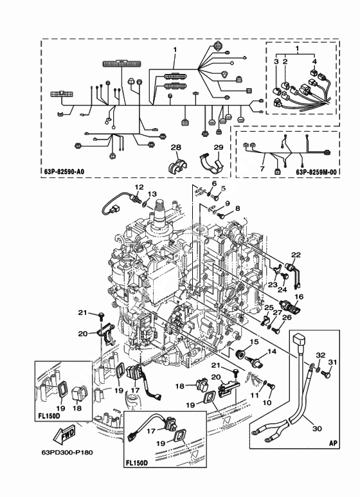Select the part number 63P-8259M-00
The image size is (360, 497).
pyautogui.click(x=316, y=172)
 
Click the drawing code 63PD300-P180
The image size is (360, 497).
pyautogui.click(x=67, y=452)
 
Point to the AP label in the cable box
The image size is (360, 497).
pyautogui.click(x=333, y=443)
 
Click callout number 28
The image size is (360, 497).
pyautogui.click(x=176, y=147)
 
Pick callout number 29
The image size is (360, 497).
pyautogui.click(x=219, y=147)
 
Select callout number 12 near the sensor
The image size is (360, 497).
pyautogui.click(x=139, y=187)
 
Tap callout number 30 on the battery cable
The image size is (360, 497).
pyautogui.click(x=317, y=429)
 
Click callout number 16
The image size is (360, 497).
pyautogui.click(x=299, y=296)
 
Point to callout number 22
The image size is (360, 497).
pyautogui.click(x=296, y=255)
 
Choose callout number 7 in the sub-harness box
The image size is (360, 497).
pyautogui.click(x=262, y=169)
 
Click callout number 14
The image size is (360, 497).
pyautogui.click(x=272, y=352)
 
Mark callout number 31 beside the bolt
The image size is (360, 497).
pyautogui.click(x=332, y=362)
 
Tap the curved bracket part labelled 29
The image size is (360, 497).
pyautogui.click(x=212, y=163)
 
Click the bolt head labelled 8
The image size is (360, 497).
pyautogui.click(x=223, y=216)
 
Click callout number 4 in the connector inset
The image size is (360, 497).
pyautogui.click(x=314, y=61)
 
